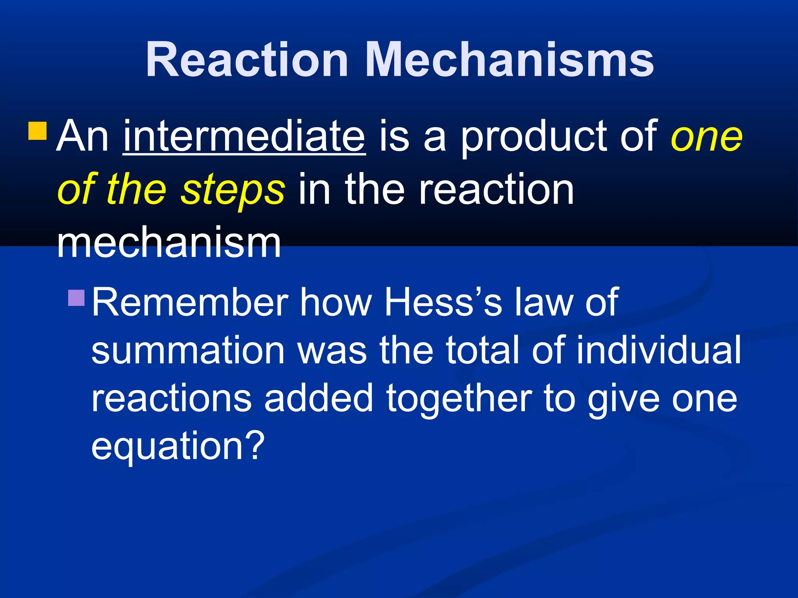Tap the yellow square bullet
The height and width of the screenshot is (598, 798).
click(38, 131)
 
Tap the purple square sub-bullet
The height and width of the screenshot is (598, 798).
click(76, 298)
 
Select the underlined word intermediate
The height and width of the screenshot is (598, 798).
click(244, 136)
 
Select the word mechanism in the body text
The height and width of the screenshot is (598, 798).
click(169, 243)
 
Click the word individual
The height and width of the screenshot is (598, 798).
click(659, 350)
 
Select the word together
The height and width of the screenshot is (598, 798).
click(459, 399)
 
